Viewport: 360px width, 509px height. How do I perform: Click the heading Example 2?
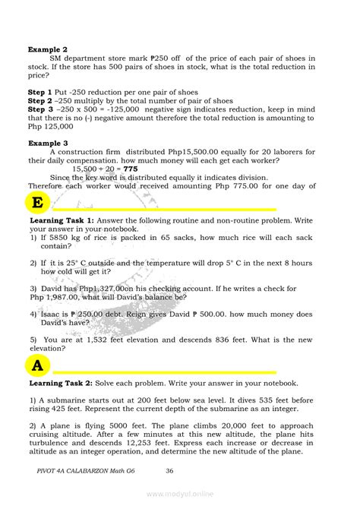tap(48, 49)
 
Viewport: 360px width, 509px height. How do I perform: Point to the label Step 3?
tap(43, 109)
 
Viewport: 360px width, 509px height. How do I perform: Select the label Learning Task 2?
tap(62, 383)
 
